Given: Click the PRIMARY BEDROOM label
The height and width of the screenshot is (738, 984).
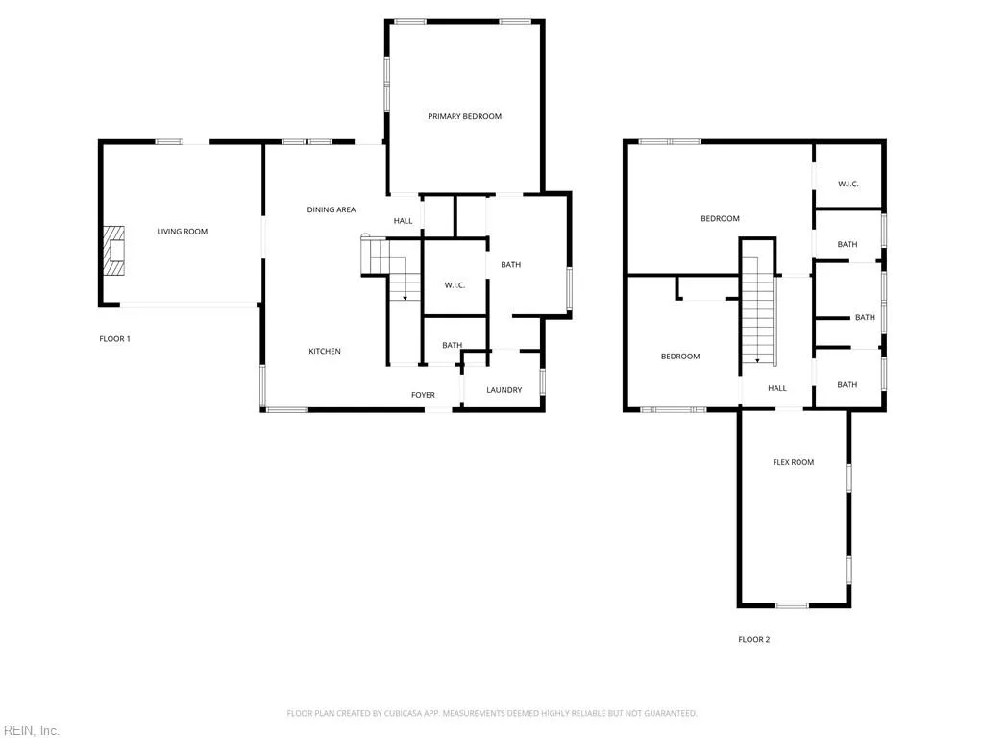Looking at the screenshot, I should (464, 116).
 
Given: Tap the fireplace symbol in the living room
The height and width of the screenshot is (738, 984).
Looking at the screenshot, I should (115, 251).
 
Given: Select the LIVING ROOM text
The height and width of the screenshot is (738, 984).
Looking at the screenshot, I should (183, 232).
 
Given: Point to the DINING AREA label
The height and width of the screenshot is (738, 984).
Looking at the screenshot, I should (332, 209).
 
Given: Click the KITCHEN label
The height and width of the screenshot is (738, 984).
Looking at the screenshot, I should (325, 352).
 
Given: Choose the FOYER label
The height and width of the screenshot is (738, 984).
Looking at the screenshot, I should (423, 395).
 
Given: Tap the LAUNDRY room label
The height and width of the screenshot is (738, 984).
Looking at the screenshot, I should (504, 390).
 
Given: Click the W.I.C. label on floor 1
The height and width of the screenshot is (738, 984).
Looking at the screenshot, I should (455, 285).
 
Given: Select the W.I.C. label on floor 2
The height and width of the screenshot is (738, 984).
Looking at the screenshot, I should (848, 184).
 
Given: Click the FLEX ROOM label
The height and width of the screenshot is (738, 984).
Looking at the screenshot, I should (793, 462).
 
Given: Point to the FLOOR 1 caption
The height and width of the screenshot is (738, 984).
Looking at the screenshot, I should (114, 339).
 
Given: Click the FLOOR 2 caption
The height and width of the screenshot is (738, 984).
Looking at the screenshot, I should (753, 640).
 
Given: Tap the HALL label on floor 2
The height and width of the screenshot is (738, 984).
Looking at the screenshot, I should (776, 388).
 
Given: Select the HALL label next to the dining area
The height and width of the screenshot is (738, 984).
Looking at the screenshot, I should (403, 221).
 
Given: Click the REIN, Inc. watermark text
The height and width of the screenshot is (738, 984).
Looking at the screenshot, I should (30, 731).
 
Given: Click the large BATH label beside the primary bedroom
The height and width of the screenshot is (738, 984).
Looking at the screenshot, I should (511, 265).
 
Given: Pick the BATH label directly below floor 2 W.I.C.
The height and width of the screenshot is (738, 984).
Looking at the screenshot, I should (847, 245).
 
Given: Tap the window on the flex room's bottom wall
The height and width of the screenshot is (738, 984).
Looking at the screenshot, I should (792, 605).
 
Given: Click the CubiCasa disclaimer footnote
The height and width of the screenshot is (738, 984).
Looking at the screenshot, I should (492, 714).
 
